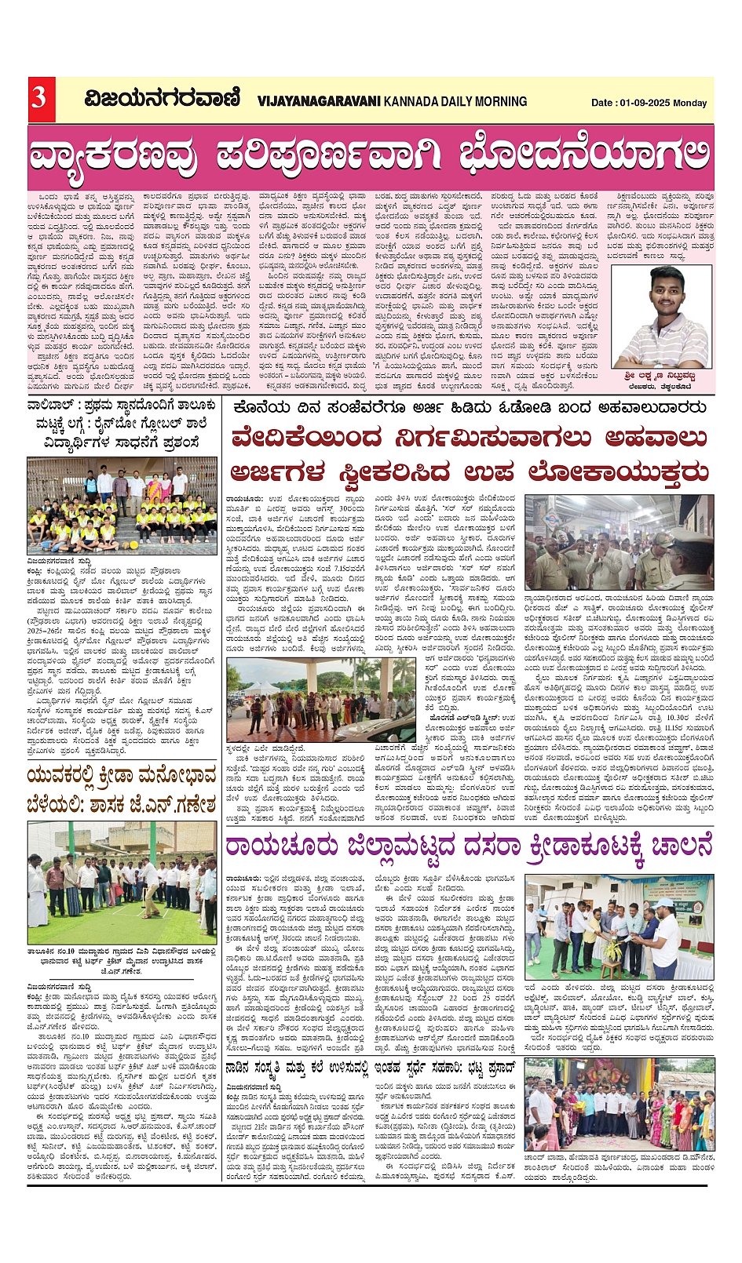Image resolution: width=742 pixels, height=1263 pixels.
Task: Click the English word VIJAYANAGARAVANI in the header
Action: click(x=319, y=101)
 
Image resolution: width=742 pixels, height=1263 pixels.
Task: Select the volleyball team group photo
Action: click(x=122, y=506)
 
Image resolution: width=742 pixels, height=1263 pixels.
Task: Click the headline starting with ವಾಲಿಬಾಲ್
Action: click(x=122, y=424)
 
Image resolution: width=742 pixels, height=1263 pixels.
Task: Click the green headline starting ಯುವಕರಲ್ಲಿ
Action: click(x=122, y=792)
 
